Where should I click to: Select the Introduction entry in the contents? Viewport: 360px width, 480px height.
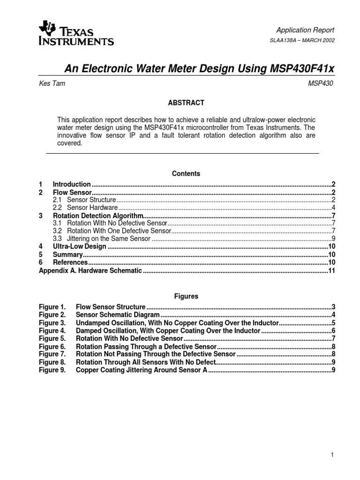click(x=72, y=184)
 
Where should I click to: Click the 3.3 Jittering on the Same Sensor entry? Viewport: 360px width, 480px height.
click(x=101, y=239)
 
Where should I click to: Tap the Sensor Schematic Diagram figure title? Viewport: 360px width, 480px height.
click(x=118, y=315)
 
